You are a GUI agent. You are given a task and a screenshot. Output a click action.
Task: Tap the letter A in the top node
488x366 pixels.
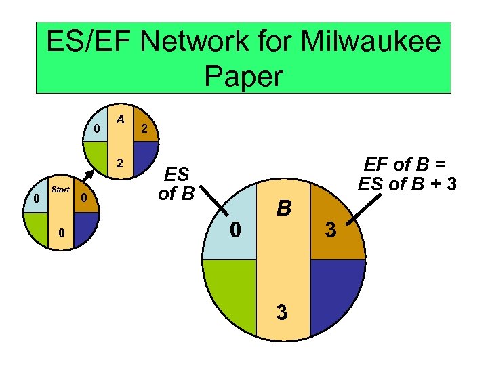(x=120, y=119)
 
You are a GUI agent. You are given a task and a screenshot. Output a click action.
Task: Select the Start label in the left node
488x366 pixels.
(x=60, y=190)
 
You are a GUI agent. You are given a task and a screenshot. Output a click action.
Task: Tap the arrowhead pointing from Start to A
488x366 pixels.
(x=89, y=176)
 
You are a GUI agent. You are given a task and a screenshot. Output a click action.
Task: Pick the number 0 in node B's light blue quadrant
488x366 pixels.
(x=235, y=230)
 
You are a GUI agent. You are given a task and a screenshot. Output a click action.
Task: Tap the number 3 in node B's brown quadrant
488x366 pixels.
(x=330, y=230)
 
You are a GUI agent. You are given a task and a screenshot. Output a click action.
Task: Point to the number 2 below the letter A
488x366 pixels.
(x=120, y=163)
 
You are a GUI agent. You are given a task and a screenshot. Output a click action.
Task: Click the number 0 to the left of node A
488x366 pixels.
(x=97, y=128)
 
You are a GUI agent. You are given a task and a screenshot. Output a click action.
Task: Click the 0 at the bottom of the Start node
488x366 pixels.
(x=61, y=234)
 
